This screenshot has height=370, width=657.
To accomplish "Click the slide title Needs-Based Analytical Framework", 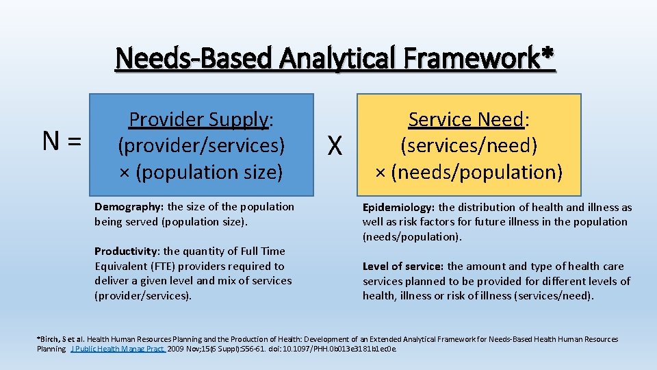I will pyautogui.click(x=328, y=58).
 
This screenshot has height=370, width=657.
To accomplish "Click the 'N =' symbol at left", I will pyautogui.click(x=62, y=141).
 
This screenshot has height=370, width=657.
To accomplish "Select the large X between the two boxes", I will pyautogui.click(x=335, y=145).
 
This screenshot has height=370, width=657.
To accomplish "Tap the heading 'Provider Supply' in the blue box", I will pyautogui.click(x=198, y=119).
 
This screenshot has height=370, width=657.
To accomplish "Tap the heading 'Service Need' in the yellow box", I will pyautogui.click(x=465, y=119).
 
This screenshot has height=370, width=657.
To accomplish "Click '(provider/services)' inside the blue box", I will pyautogui.click(x=201, y=145).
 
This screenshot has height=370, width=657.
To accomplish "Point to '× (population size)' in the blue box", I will pyautogui.click(x=201, y=172).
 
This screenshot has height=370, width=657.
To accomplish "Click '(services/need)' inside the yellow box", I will pyautogui.click(x=469, y=145).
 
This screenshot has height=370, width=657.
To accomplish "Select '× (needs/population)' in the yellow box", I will pyautogui.click(x=469, y=172).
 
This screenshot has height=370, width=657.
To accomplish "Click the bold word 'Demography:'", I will pyautogui.click(x=129, y=206).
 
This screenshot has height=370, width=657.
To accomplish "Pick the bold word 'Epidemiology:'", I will pyautogui.click(x=399, y=207).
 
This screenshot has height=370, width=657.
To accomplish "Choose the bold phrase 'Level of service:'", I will pyautogui.click(x=403, y=266).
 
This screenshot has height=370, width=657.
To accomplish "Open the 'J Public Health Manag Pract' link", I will pyautogui.click(x=117, y=349).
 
